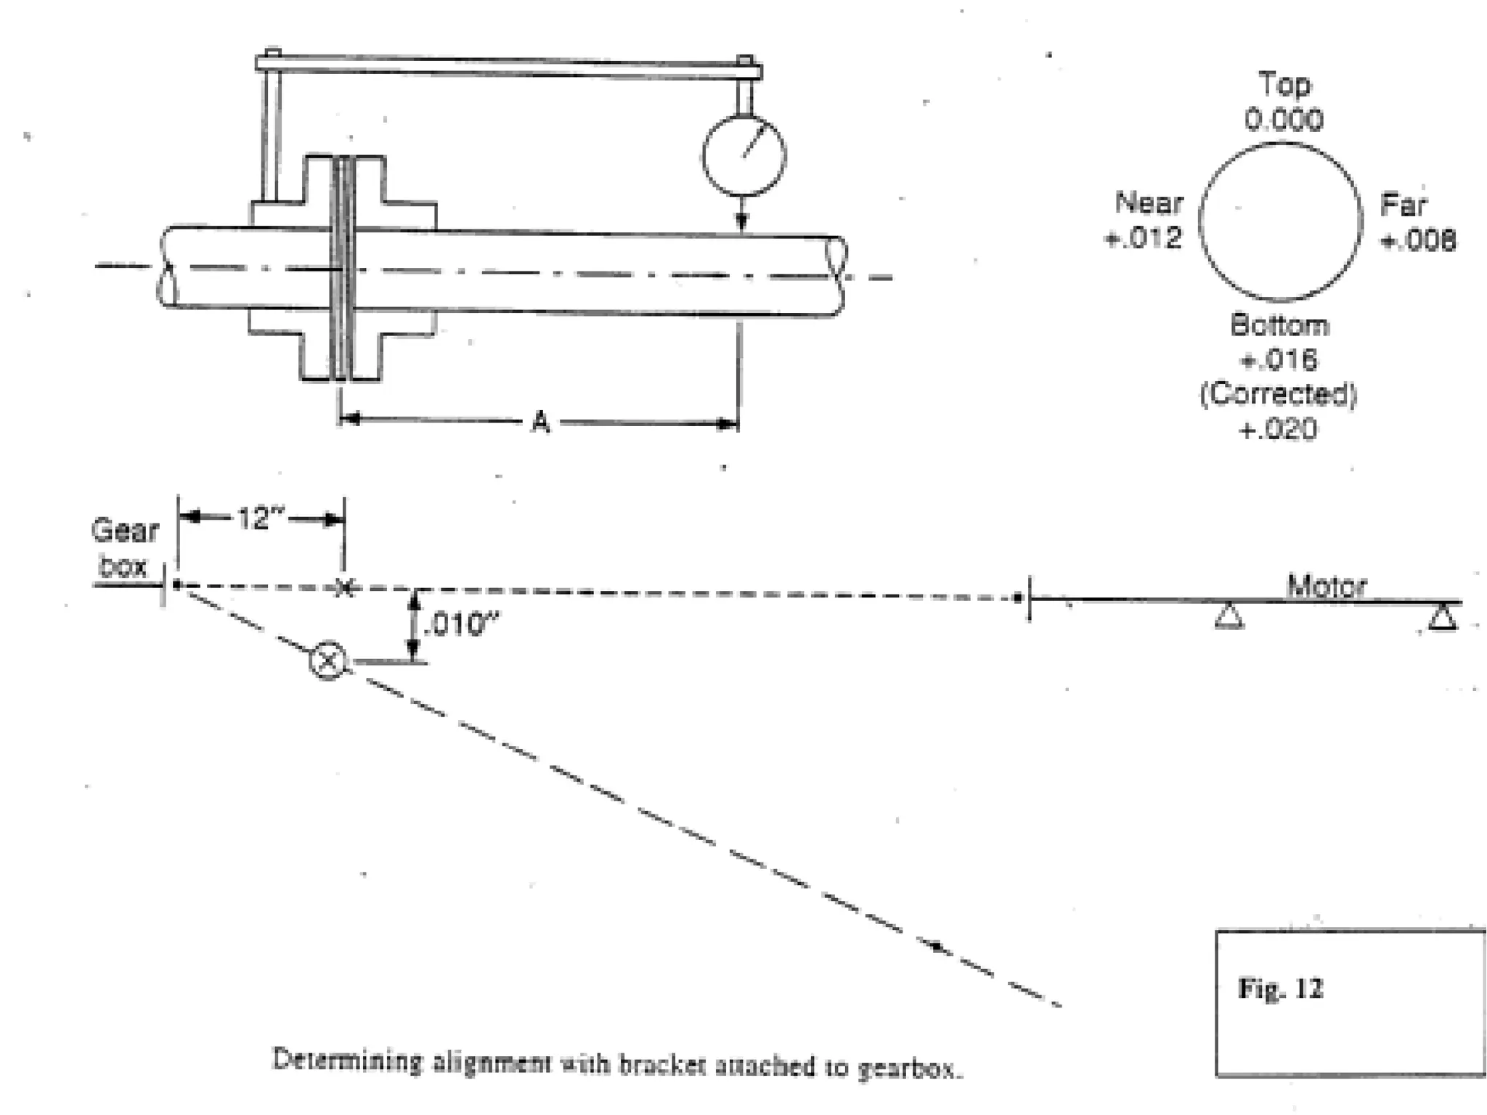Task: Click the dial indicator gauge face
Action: point(743,155)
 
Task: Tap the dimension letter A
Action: point(540,422)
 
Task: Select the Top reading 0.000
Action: point(1284,120)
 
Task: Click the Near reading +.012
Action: point(1143,238)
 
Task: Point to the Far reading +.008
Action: point(1418,240)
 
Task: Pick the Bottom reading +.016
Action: point(1279,359)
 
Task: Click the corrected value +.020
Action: point(1278,429)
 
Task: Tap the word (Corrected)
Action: point(1278,394)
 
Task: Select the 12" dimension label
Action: point(261,518)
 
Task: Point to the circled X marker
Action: point(327,661)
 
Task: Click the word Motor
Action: point(1327,586)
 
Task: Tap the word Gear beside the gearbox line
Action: point(125,531)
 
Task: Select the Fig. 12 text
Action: point(1281,989)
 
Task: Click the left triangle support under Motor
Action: point(1229,616)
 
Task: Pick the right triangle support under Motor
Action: point(1442,618)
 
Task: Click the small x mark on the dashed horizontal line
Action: point(345,587)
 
